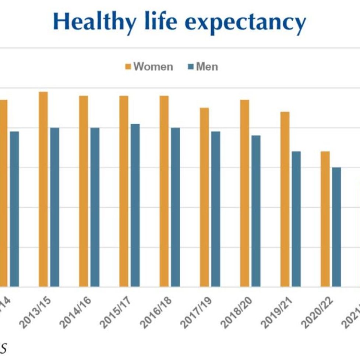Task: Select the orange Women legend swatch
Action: (x=128, y=67)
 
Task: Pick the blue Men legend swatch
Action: (x=191, y=67)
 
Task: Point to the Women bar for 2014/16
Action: (x=84, y=191)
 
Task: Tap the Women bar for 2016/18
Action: (x=164, y=191)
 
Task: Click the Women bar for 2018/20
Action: (x=245, y=193)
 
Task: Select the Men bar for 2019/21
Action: (x=296, y=219)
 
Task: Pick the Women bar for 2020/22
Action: (x=325, y=219)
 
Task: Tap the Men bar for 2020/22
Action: (x=336, y=227)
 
